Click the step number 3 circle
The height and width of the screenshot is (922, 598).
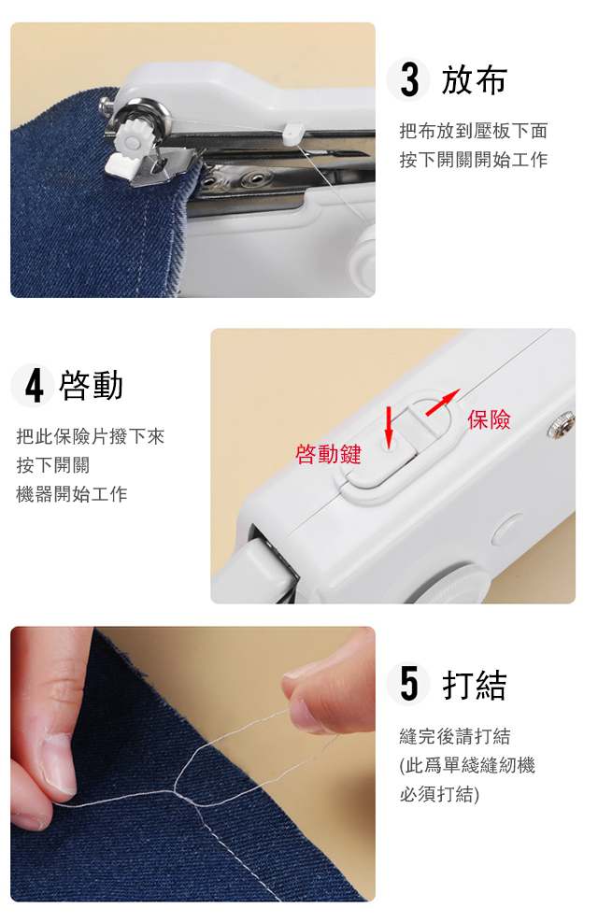tap(408, 80)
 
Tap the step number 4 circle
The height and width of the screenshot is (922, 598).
tap(33, 385)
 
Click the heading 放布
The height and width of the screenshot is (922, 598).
tap(474, 80)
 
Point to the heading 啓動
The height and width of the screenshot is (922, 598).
tap(92, 386)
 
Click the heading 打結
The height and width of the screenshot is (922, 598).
tap(474, 685)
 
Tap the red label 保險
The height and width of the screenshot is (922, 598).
tap(489, 419)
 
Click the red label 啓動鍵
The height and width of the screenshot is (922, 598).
tap(328, 454)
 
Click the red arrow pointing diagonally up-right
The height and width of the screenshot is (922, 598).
tap(442, 403)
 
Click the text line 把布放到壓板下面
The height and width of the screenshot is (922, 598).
tap(474, 131)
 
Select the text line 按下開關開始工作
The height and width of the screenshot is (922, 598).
tap(474, 160)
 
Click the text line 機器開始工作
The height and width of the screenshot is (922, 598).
tap(72, 494)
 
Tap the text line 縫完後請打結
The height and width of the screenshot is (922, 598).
tap(454, 735)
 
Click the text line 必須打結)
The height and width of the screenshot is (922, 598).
tap(439, 794)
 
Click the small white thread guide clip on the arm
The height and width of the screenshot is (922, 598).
tap(292, 135)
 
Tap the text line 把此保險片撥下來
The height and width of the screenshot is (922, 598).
tap(91, 436)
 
